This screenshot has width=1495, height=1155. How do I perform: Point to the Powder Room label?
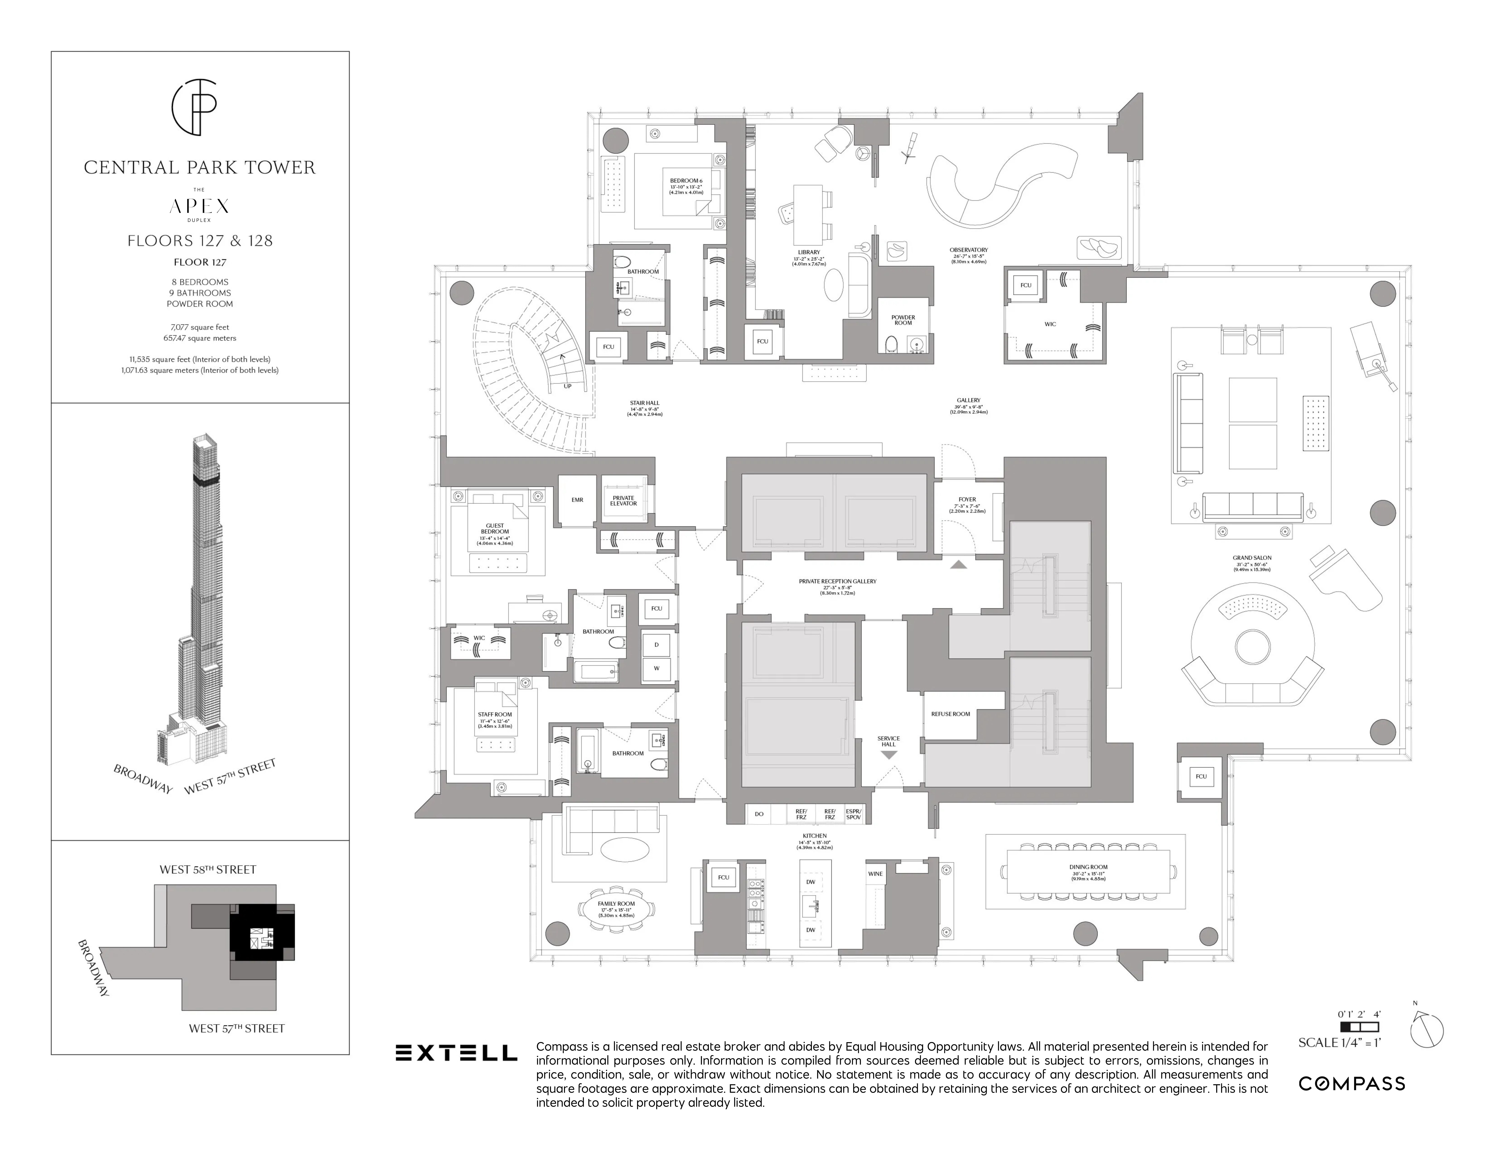click(903, 320)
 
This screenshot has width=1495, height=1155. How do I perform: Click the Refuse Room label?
click(950, 714)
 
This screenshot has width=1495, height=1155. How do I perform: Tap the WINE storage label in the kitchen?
click(875, 874)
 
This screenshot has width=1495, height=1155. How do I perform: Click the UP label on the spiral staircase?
click(567, 386)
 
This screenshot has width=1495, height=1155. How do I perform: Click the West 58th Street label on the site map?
click(207, 870)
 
